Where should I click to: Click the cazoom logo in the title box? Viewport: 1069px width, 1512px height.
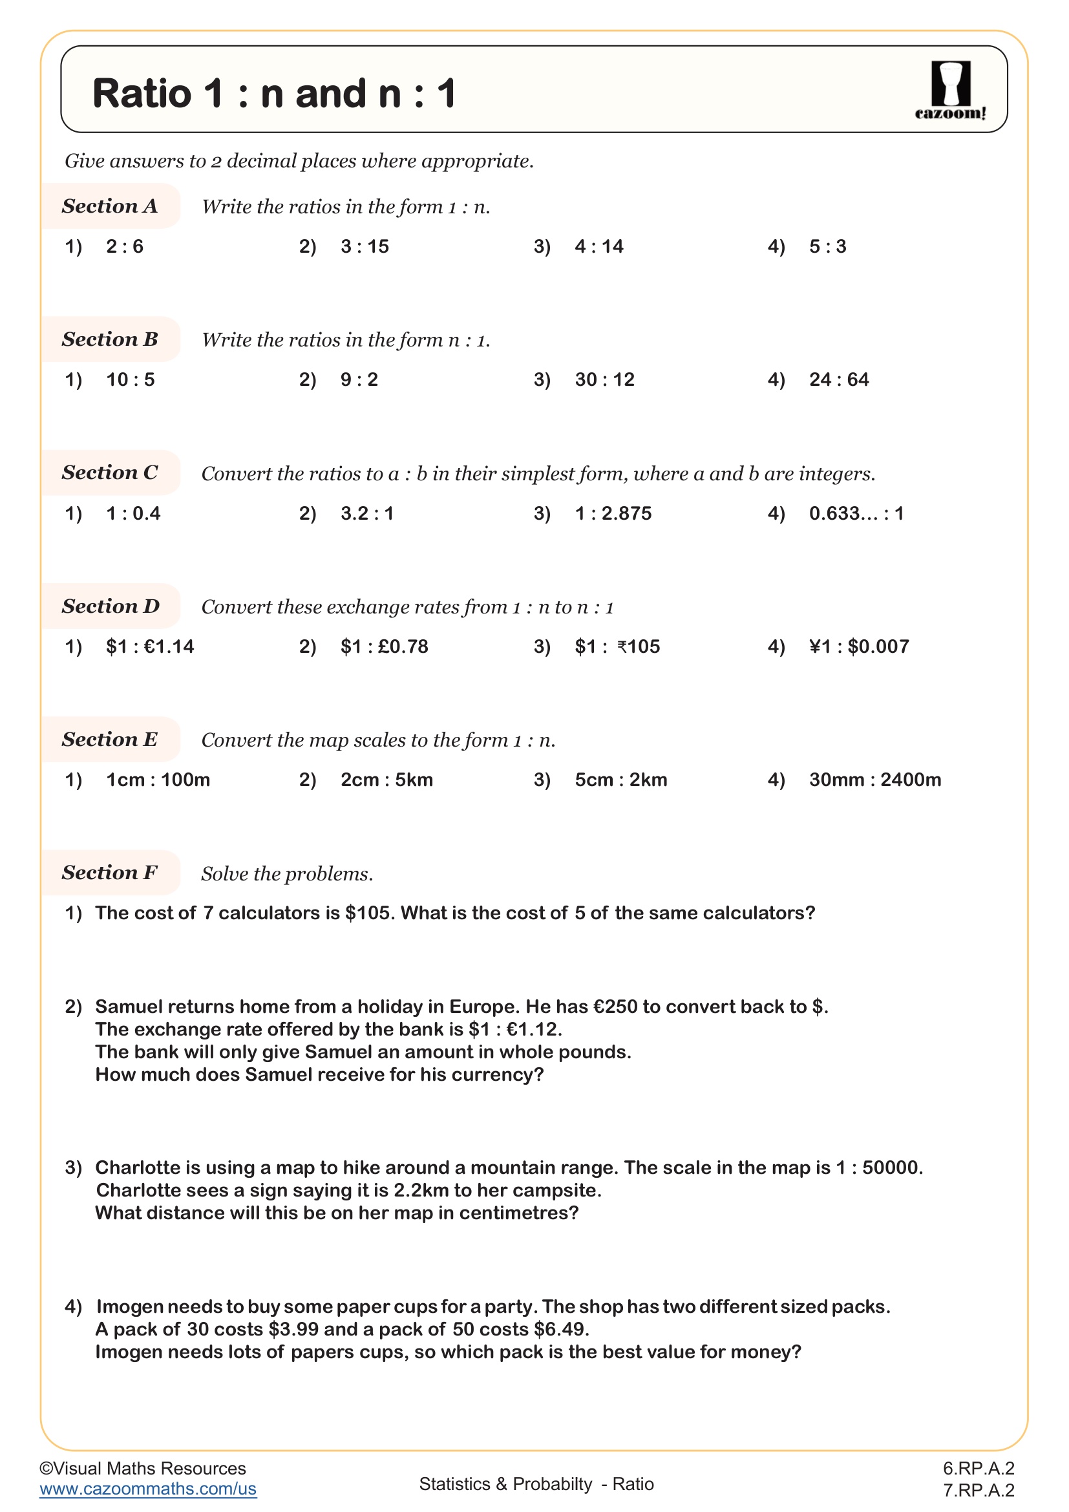(950, 91)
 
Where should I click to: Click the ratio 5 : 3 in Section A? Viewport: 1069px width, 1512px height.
(827, 246)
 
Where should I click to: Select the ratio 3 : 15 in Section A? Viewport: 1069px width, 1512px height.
(365, 246)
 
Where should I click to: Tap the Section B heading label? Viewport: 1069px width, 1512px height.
(110, 339)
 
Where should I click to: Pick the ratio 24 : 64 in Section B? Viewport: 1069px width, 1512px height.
(839, 379)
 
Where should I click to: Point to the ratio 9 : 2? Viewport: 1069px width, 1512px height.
(359, 379)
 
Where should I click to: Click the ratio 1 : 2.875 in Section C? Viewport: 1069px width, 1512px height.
(613, 513)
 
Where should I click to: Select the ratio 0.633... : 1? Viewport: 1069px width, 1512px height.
(856, 513)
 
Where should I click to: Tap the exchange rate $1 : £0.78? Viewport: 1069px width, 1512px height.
(385, 646)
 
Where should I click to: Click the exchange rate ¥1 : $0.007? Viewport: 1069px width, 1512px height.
(859, 646)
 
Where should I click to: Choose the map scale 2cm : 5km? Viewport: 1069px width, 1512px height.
(386, 780)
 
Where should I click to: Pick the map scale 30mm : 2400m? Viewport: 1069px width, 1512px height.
(875, 780)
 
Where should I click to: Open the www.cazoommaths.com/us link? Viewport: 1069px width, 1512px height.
(147, 1489)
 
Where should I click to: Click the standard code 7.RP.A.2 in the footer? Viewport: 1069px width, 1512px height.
(978, 1490)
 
